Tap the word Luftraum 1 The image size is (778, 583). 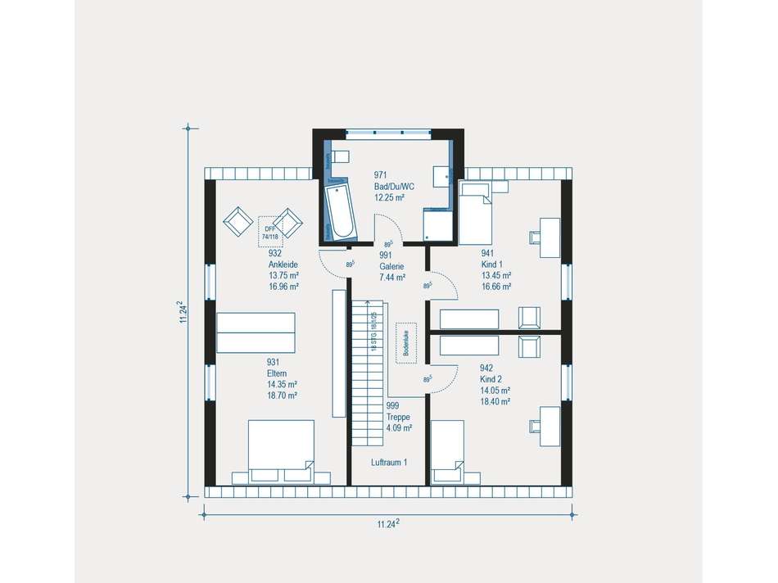[388, 463]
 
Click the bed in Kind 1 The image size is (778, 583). [476, 215]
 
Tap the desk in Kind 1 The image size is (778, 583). [549, 238]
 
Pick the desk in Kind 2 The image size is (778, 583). [549, 425]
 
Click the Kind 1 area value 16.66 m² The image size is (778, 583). [495, 287]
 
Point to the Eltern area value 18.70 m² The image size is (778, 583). [281, 395]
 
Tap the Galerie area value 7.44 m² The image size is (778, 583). [392, 278]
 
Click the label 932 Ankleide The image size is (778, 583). [283, 259]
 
